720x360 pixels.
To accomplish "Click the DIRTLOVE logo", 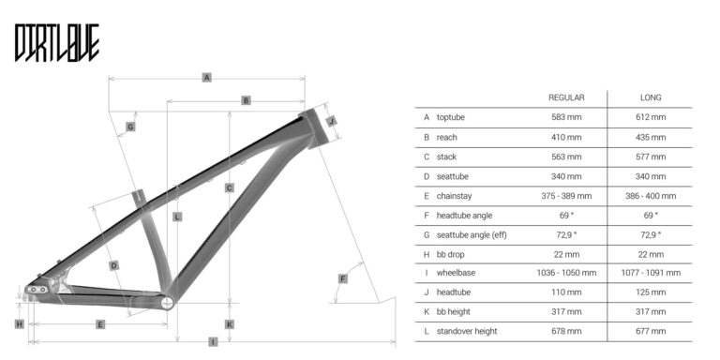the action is tap(57, 43).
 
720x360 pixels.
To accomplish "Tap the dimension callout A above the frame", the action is tap(207, 78).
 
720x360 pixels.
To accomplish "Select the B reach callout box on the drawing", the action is tap(247, 100).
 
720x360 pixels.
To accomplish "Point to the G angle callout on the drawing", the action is tap(131, 127).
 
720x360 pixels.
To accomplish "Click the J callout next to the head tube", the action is tap(332, 121).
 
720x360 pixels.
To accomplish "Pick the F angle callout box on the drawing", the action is tap(342, 278).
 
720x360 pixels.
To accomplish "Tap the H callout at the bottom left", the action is tap(20, 324).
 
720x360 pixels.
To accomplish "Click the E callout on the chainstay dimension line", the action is tap(100, 324).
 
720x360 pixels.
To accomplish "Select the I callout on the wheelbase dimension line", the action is tap(213, 341).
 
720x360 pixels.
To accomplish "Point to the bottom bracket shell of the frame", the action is tap(168, 303).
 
